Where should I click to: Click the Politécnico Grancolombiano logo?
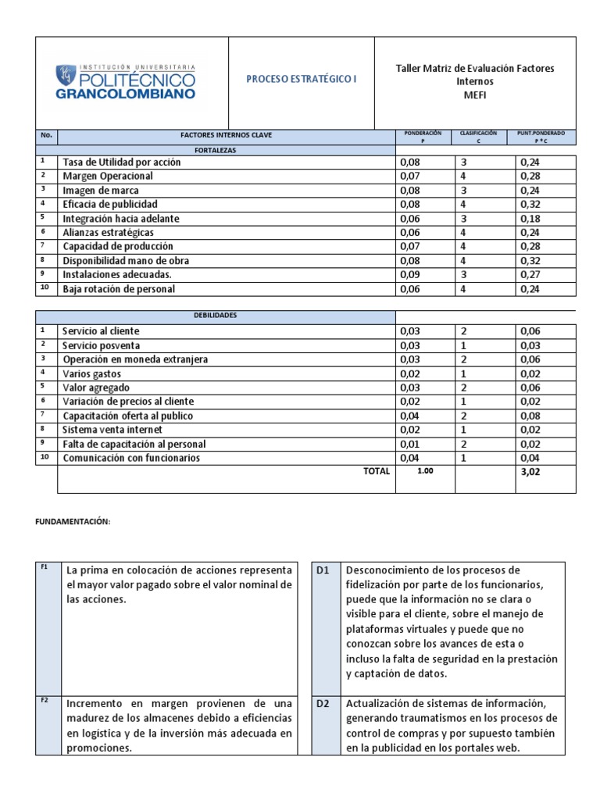[x=126, y=83]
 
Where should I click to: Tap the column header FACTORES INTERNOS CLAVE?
[x=227, y=136]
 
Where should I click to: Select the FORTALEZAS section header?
[x=227, y=149]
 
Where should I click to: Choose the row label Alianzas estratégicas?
[x=108, y=232]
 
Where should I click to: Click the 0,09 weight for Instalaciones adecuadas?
[x=410, y=274]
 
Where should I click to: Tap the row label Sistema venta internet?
[x=112, y=430]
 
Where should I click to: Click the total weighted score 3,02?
[x=531, y=472]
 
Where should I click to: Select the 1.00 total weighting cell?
[x=424, y=472]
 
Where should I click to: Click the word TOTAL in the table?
[x=376, y=472]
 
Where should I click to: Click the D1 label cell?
[x=324, y=570]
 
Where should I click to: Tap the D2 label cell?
[x=324, y=703]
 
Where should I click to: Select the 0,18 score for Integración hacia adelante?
[x=531, y=218]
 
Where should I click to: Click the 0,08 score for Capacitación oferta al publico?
[x=531, y=416]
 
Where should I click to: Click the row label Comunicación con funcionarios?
[x=131, y=458]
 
